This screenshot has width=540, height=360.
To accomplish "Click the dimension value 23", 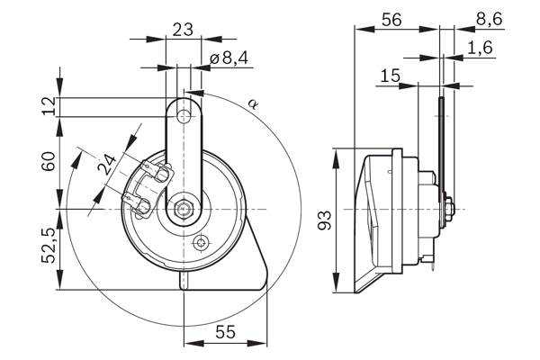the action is click(183, 30).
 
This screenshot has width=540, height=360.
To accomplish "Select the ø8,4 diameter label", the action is click(229, 58).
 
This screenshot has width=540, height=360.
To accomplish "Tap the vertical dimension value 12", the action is click(49, 106).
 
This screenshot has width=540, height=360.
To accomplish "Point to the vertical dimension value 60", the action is click(49, 162).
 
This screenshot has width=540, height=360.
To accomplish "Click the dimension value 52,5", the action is click(49, 246).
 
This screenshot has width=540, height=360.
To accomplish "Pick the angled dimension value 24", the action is click(107, 165).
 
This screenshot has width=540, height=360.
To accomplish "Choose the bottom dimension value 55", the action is click(226, 332).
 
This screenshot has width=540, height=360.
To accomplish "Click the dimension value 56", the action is click(391, 21).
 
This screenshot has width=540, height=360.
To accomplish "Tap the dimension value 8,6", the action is click(490, 19).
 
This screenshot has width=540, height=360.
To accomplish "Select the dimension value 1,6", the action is click(481, 47).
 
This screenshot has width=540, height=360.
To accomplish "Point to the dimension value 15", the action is click(391, 76).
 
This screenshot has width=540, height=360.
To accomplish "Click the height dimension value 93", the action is click(325, 220).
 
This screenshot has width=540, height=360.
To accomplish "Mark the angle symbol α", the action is click(253, 103).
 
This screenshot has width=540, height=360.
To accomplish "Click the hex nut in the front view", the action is click(184, 209).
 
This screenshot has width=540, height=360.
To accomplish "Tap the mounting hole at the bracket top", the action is click(184, 116).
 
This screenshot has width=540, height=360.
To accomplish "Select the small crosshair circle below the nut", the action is click(201, 243).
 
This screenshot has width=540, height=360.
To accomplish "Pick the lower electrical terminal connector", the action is click(138, 205).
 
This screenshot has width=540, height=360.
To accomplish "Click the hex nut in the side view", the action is click(450, 209).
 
